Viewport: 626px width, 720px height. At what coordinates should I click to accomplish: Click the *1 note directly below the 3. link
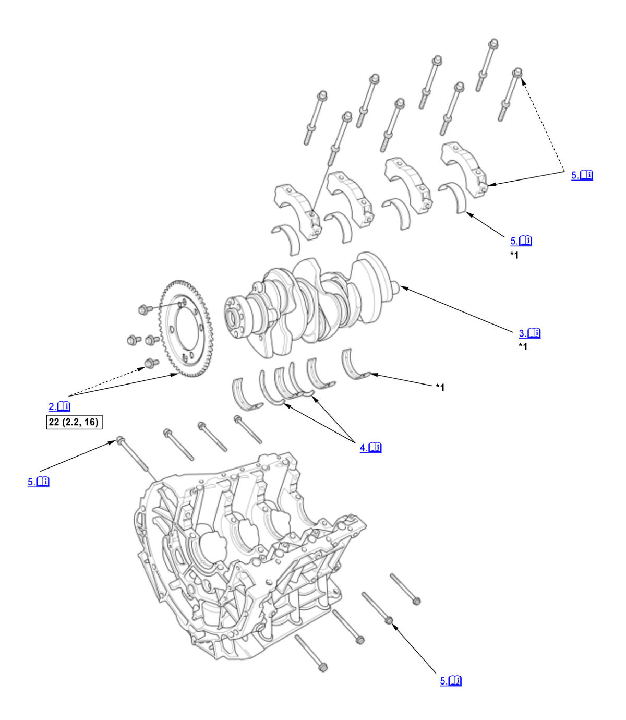tap(522, 347)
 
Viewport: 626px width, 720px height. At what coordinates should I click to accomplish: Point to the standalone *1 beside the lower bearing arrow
tap(440, 387)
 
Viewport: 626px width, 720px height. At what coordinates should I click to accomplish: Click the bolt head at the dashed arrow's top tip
tap(518, 72)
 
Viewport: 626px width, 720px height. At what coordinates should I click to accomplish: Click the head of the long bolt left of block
tap(119, 440)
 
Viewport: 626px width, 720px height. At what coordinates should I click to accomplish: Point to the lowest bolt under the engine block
tap(322, 667)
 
